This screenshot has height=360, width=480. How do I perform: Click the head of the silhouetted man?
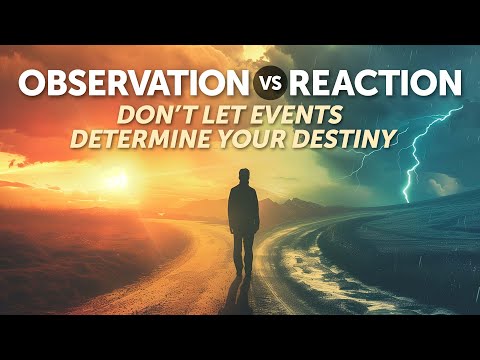click(243, 176)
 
